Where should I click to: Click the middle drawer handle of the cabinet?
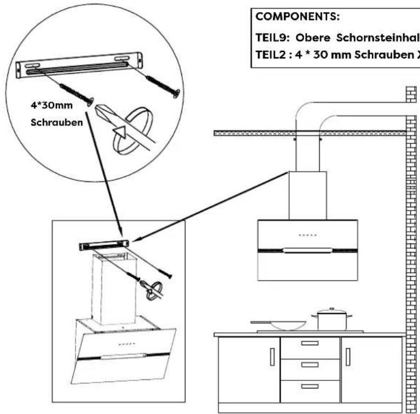coord(310,365)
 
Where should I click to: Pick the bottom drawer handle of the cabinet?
coord(310,386)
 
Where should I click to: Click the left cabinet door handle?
coord(272,357)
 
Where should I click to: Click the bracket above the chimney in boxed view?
coord(104,245)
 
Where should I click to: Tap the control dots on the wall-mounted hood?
coord(307,235)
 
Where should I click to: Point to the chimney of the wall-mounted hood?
coord(307,195)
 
